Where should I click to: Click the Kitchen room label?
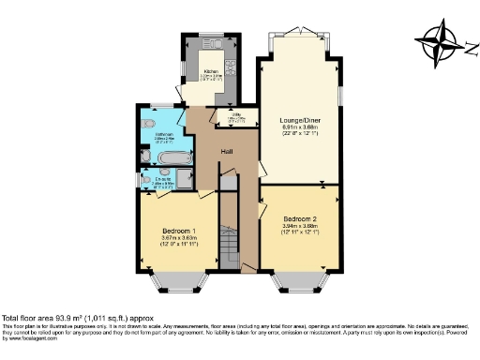pos(211,70)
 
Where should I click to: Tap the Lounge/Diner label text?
pos(300,120)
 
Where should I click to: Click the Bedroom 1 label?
pos(178,231)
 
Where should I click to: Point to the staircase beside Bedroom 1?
pos(226,244)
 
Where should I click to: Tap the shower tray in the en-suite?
pos(184,179)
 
